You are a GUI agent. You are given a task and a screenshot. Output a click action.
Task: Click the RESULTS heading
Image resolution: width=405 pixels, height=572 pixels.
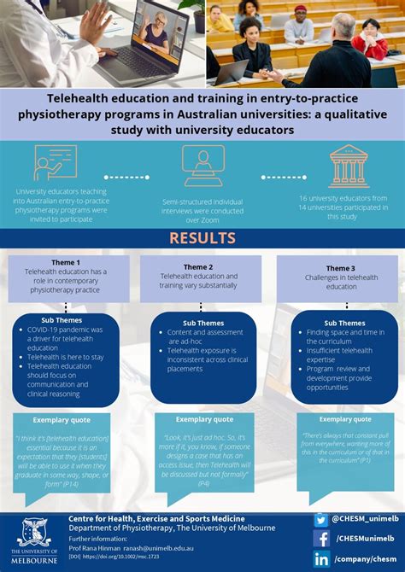[202, 237]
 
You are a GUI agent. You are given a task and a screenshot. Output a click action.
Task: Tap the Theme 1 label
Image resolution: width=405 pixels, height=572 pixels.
[66, 262]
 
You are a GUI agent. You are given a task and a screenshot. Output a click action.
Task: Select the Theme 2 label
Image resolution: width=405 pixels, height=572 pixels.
[198, 266]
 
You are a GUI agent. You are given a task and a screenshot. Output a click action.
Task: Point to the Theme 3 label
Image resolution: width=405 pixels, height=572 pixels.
[339, 268]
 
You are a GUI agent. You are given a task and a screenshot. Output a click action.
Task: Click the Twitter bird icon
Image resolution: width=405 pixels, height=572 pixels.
[321, 519]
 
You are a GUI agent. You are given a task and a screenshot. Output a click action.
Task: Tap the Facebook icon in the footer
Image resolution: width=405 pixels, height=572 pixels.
[321, 539]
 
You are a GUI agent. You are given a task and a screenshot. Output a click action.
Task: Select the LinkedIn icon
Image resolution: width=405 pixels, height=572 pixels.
[321, 558]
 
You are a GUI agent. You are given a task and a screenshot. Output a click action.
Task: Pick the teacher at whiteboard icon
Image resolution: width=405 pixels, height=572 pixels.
[55, 162]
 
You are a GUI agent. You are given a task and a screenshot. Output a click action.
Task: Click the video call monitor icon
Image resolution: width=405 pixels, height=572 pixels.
[203, 164]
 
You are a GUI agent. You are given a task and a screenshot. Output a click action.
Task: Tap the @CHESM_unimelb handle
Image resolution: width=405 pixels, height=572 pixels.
[365, 519]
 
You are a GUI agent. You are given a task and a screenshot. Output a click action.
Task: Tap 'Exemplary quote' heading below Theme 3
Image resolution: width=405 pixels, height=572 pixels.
[345, 419]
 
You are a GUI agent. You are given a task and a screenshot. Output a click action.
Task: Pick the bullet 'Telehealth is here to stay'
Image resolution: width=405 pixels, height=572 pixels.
[64, 357]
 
